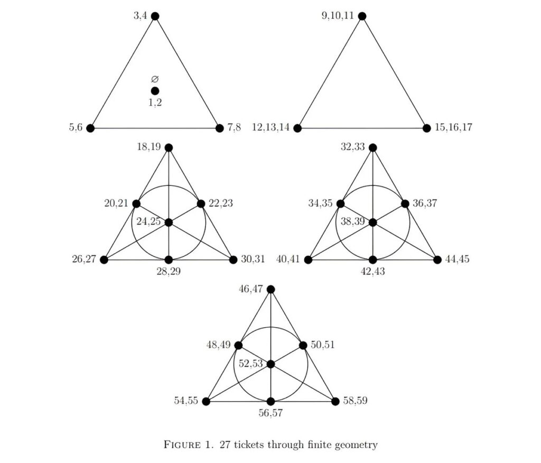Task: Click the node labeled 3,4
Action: click(155, 16)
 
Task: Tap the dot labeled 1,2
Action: click(155, 91)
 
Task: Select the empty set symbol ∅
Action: click(155, 79)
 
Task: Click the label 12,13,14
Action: click(271, 127)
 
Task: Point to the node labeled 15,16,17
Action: click(427, 128)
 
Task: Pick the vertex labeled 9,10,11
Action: click(362, 16)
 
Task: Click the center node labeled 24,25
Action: click(169, 223)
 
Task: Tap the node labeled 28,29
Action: click(169, 260)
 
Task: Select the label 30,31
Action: click(253, 259)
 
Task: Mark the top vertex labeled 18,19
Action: click(169, 148)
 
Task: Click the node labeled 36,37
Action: click(405, 203)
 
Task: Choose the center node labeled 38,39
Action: click(372, 223)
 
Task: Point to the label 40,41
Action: click(288, 259)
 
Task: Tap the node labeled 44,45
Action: click(437, 260)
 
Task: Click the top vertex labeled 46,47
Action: click(271, 289)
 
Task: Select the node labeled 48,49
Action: click(238, 345)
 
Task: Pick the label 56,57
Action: click(271, 413)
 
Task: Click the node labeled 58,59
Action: click(335, 401)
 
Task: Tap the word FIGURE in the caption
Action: click(182, 445)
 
